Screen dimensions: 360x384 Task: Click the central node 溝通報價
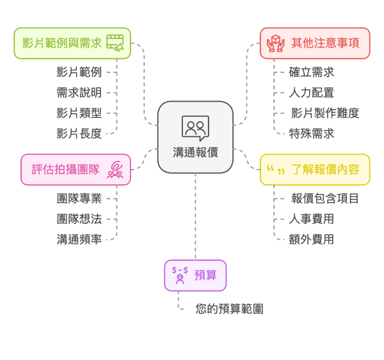pyautogui.click(x=195, y=152)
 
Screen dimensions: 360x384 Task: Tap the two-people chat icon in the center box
pyautogui.click(x=195, y=127)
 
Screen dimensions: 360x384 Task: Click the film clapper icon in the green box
pyautogui.click(x=115, y=43)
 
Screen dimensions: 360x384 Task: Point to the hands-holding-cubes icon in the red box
pyautogui.click(x=275, y=43)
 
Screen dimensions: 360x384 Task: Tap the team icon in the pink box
pyautogui.click(x=115, y=169)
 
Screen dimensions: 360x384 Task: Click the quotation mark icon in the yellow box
pyautogui.click(x=275, y=169)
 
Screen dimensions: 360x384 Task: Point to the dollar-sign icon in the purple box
pyautogui.click(x=180, y=275)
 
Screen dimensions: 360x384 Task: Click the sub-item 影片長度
pyautogui.click(x=79, y=134)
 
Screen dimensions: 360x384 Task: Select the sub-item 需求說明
pyautogui.click(x=79, y=93)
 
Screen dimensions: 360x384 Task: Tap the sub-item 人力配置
pyautogui.click(x=312, y=93)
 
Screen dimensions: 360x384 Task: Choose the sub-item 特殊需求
pyautogui.click(x=312, y=134)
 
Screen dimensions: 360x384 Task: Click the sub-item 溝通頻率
pyautogui.click(x=79, y=239)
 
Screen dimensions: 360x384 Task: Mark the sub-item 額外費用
pyautogui.click(x=312, y=239)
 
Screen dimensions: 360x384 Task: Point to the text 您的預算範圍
pyautogui.click(x=229, y=309)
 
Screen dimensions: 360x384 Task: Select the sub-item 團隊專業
pyautogui.click(x=79, y=198)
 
